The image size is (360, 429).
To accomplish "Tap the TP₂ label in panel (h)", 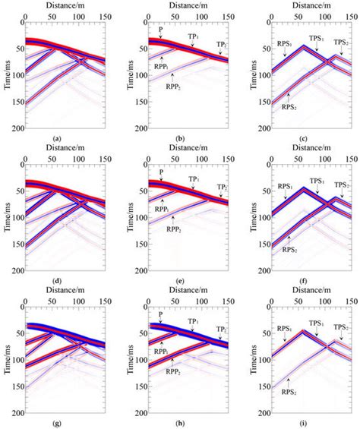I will click(221, 330).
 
